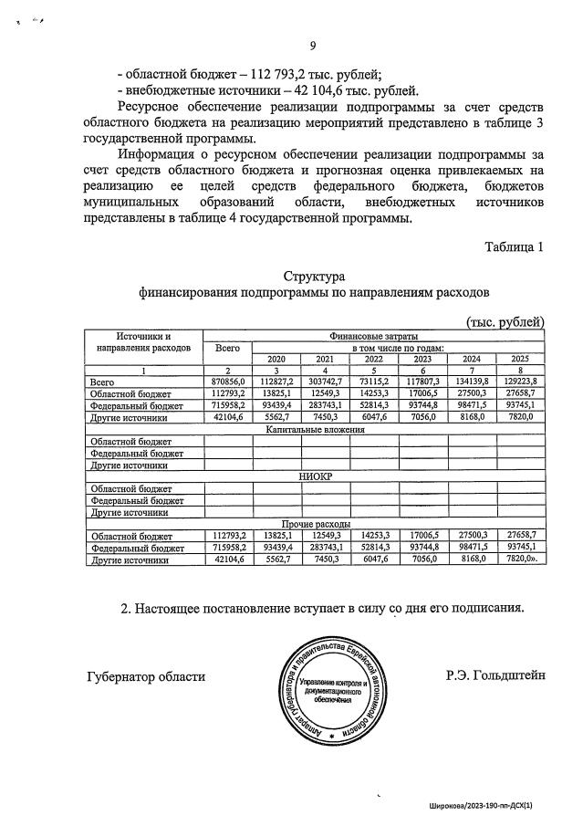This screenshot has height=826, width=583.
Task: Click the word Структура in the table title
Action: (x=313, y=277)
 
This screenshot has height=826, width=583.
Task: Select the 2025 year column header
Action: (x=519, y=359)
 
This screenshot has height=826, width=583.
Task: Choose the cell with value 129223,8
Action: (x=519, y=382)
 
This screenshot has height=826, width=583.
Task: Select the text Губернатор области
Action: (x=146, y=676)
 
